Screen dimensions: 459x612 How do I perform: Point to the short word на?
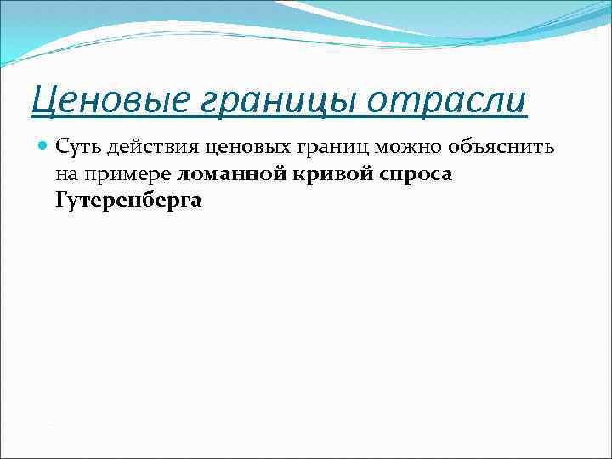(x=65, y=174)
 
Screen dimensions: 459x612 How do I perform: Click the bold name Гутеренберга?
(x=127, y=201)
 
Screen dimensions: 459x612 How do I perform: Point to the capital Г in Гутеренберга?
(x=61, y=201)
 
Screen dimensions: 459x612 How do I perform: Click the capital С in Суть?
(x=62, y=148)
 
